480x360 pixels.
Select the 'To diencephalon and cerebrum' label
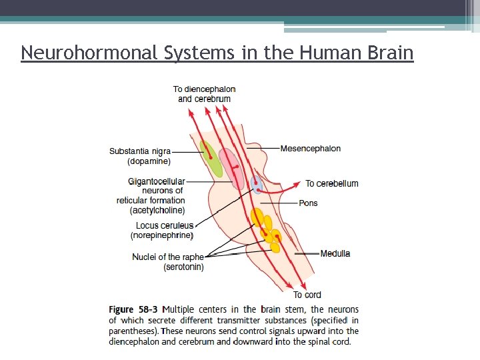coord(204,94)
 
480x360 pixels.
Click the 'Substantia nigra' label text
coord(140,151)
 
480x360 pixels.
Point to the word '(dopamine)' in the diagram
coord(149,161)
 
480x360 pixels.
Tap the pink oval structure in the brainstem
coord(231,167)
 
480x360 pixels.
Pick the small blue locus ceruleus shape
coord(257,185)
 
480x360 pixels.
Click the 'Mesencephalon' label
coord(311,148)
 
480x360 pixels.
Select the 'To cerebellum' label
coord(332,183)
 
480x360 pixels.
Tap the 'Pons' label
coord(309,203)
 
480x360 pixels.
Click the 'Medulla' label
coord(335,253)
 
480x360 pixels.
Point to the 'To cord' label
coord(307,295)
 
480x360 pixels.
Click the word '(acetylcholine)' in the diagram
coord(157,210)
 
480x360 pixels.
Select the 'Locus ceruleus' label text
coord(165,226)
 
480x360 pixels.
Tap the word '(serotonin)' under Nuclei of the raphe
coord(184,267)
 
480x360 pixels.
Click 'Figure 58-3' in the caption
coord(133,309)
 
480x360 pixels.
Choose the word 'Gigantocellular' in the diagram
coord(157,181)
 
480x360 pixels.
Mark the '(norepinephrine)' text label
coord(162,235)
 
